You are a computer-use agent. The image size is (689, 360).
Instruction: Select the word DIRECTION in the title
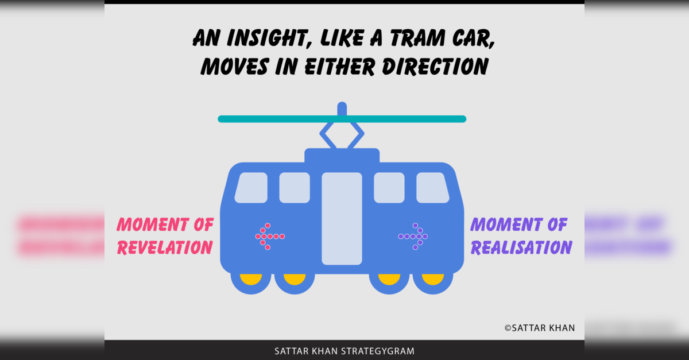pyautogui.click(x=435, y=66)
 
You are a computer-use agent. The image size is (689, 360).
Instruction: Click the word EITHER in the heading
pyautogui.click(x=340, y=66)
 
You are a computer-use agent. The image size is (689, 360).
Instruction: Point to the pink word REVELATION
pyautogui.click(x=165, y=247)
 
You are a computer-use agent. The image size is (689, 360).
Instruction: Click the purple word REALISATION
pyautogui.click(x=521, y=247)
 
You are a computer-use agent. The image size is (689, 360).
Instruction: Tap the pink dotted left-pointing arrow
pyautogui.click(x=270, y=237)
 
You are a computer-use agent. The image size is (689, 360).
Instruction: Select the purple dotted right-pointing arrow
pyautogui.click(x=413, y=237)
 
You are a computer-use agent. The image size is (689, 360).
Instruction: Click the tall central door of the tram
pyautogui.click(x=342, y=218)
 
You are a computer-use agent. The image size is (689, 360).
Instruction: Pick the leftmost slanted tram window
pyautogui.click(x=251, y=188)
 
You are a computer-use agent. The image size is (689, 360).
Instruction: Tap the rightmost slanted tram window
pyautogui.click(x=432, y=188)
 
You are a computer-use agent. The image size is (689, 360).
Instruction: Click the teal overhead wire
pyautogui.click(x=342, y=119)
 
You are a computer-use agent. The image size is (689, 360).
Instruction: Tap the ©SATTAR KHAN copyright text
pyautogui.click(x=540, y=328)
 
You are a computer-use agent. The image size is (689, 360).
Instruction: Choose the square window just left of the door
pyautogui.click(x=295, y=188)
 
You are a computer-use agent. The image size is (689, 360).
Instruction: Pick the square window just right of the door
pyautogui.click(x=389, y=188)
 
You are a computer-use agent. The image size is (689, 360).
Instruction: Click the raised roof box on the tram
pyautogui.click(x=342, y=156)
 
